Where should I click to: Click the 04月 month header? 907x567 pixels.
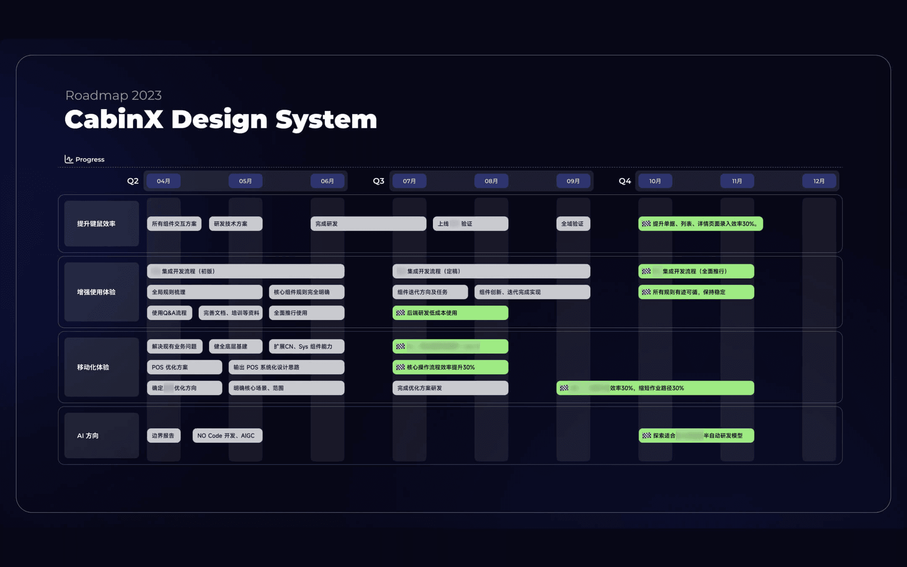(x=163, y=181)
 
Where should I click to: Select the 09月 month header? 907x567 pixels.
(x=573, y=181)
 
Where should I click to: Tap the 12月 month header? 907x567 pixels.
(x=818, y=181)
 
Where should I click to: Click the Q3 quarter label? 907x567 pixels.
(x=378, y=181)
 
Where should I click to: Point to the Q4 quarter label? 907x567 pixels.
(x=624, y=181)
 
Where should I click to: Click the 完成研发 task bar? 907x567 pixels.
(x=368, y=223)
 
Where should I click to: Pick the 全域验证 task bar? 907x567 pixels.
(x=573, y=223)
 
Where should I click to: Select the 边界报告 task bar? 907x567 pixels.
(x=163, y=436)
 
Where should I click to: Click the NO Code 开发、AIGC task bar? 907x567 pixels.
(x=227, y=436)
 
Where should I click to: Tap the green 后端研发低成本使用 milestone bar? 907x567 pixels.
(x=450, y=313)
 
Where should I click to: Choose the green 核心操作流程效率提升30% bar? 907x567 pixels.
(x=450, y=367)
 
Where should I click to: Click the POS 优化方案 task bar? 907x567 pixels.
(x=184, y=367)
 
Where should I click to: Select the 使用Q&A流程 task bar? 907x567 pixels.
(x=169, y=313)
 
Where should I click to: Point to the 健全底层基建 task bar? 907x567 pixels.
(x=235, y=346)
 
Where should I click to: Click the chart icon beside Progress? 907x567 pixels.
(x=68, y=159)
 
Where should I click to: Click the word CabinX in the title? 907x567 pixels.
(x=114, y=119)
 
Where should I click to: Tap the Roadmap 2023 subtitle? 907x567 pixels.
(x=113, y=95)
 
